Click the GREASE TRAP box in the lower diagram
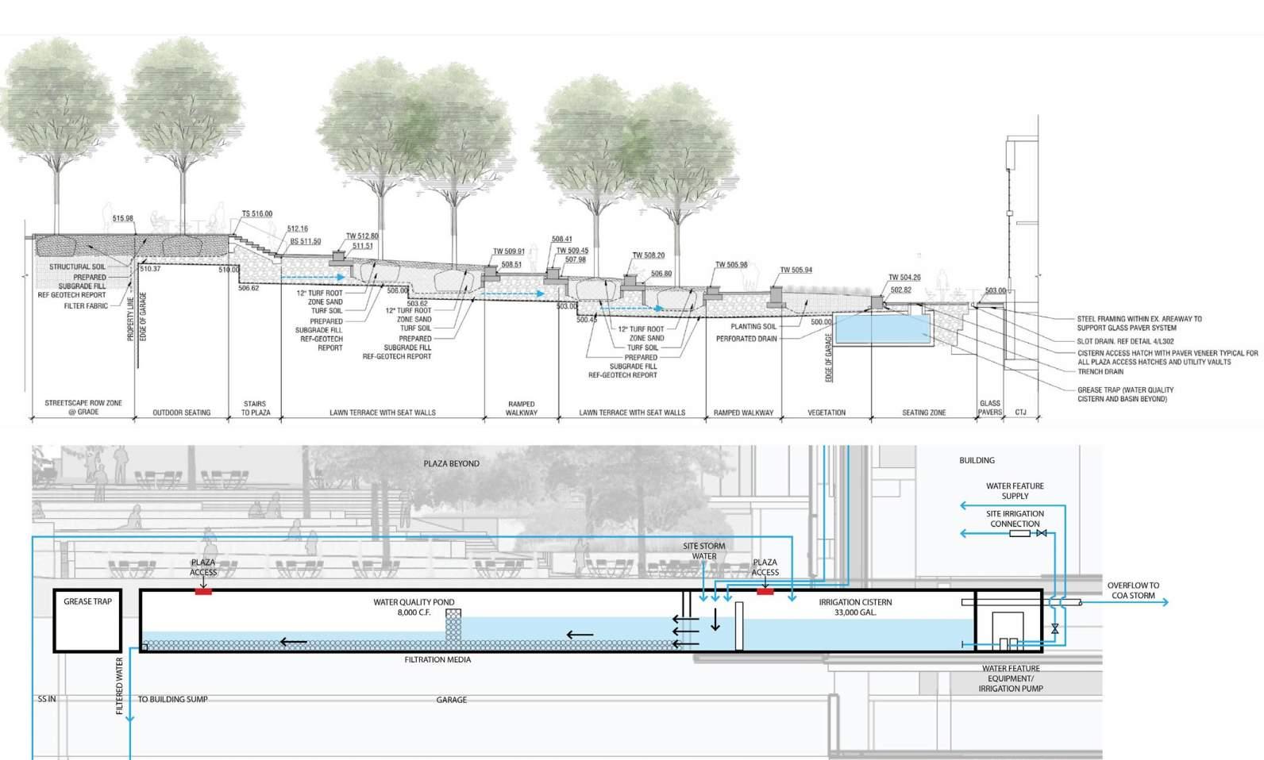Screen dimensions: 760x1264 [x=87, y=621]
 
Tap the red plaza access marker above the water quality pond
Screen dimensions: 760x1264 [x=203, y=591]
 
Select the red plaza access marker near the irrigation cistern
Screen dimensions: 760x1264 [x=765, y=591]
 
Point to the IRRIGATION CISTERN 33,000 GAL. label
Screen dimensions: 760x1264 [x=855, y=608]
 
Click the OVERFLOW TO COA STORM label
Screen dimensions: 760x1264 [x=1133, y=590]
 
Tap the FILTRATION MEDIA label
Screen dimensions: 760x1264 [x=437, y=659]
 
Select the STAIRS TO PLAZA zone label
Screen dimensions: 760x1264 [x=255, y=409]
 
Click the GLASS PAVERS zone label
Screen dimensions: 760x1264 [x=989, y=408]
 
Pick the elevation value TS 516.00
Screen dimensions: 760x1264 [x=256, y=214]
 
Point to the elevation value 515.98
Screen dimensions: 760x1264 [x=123, y=219]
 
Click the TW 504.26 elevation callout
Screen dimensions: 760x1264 [x=904, y=278]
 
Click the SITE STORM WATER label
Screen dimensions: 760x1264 [x=703, y=551]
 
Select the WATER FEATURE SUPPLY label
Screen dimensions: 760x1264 [x=1015, y=491]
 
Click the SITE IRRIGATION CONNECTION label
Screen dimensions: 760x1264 [x=1015, y=519]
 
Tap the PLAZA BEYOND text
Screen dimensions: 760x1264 [x=451, y=463]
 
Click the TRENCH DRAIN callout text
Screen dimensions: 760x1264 [x=1100, y=371]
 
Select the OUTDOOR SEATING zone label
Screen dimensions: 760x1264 [x=181, y=413]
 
